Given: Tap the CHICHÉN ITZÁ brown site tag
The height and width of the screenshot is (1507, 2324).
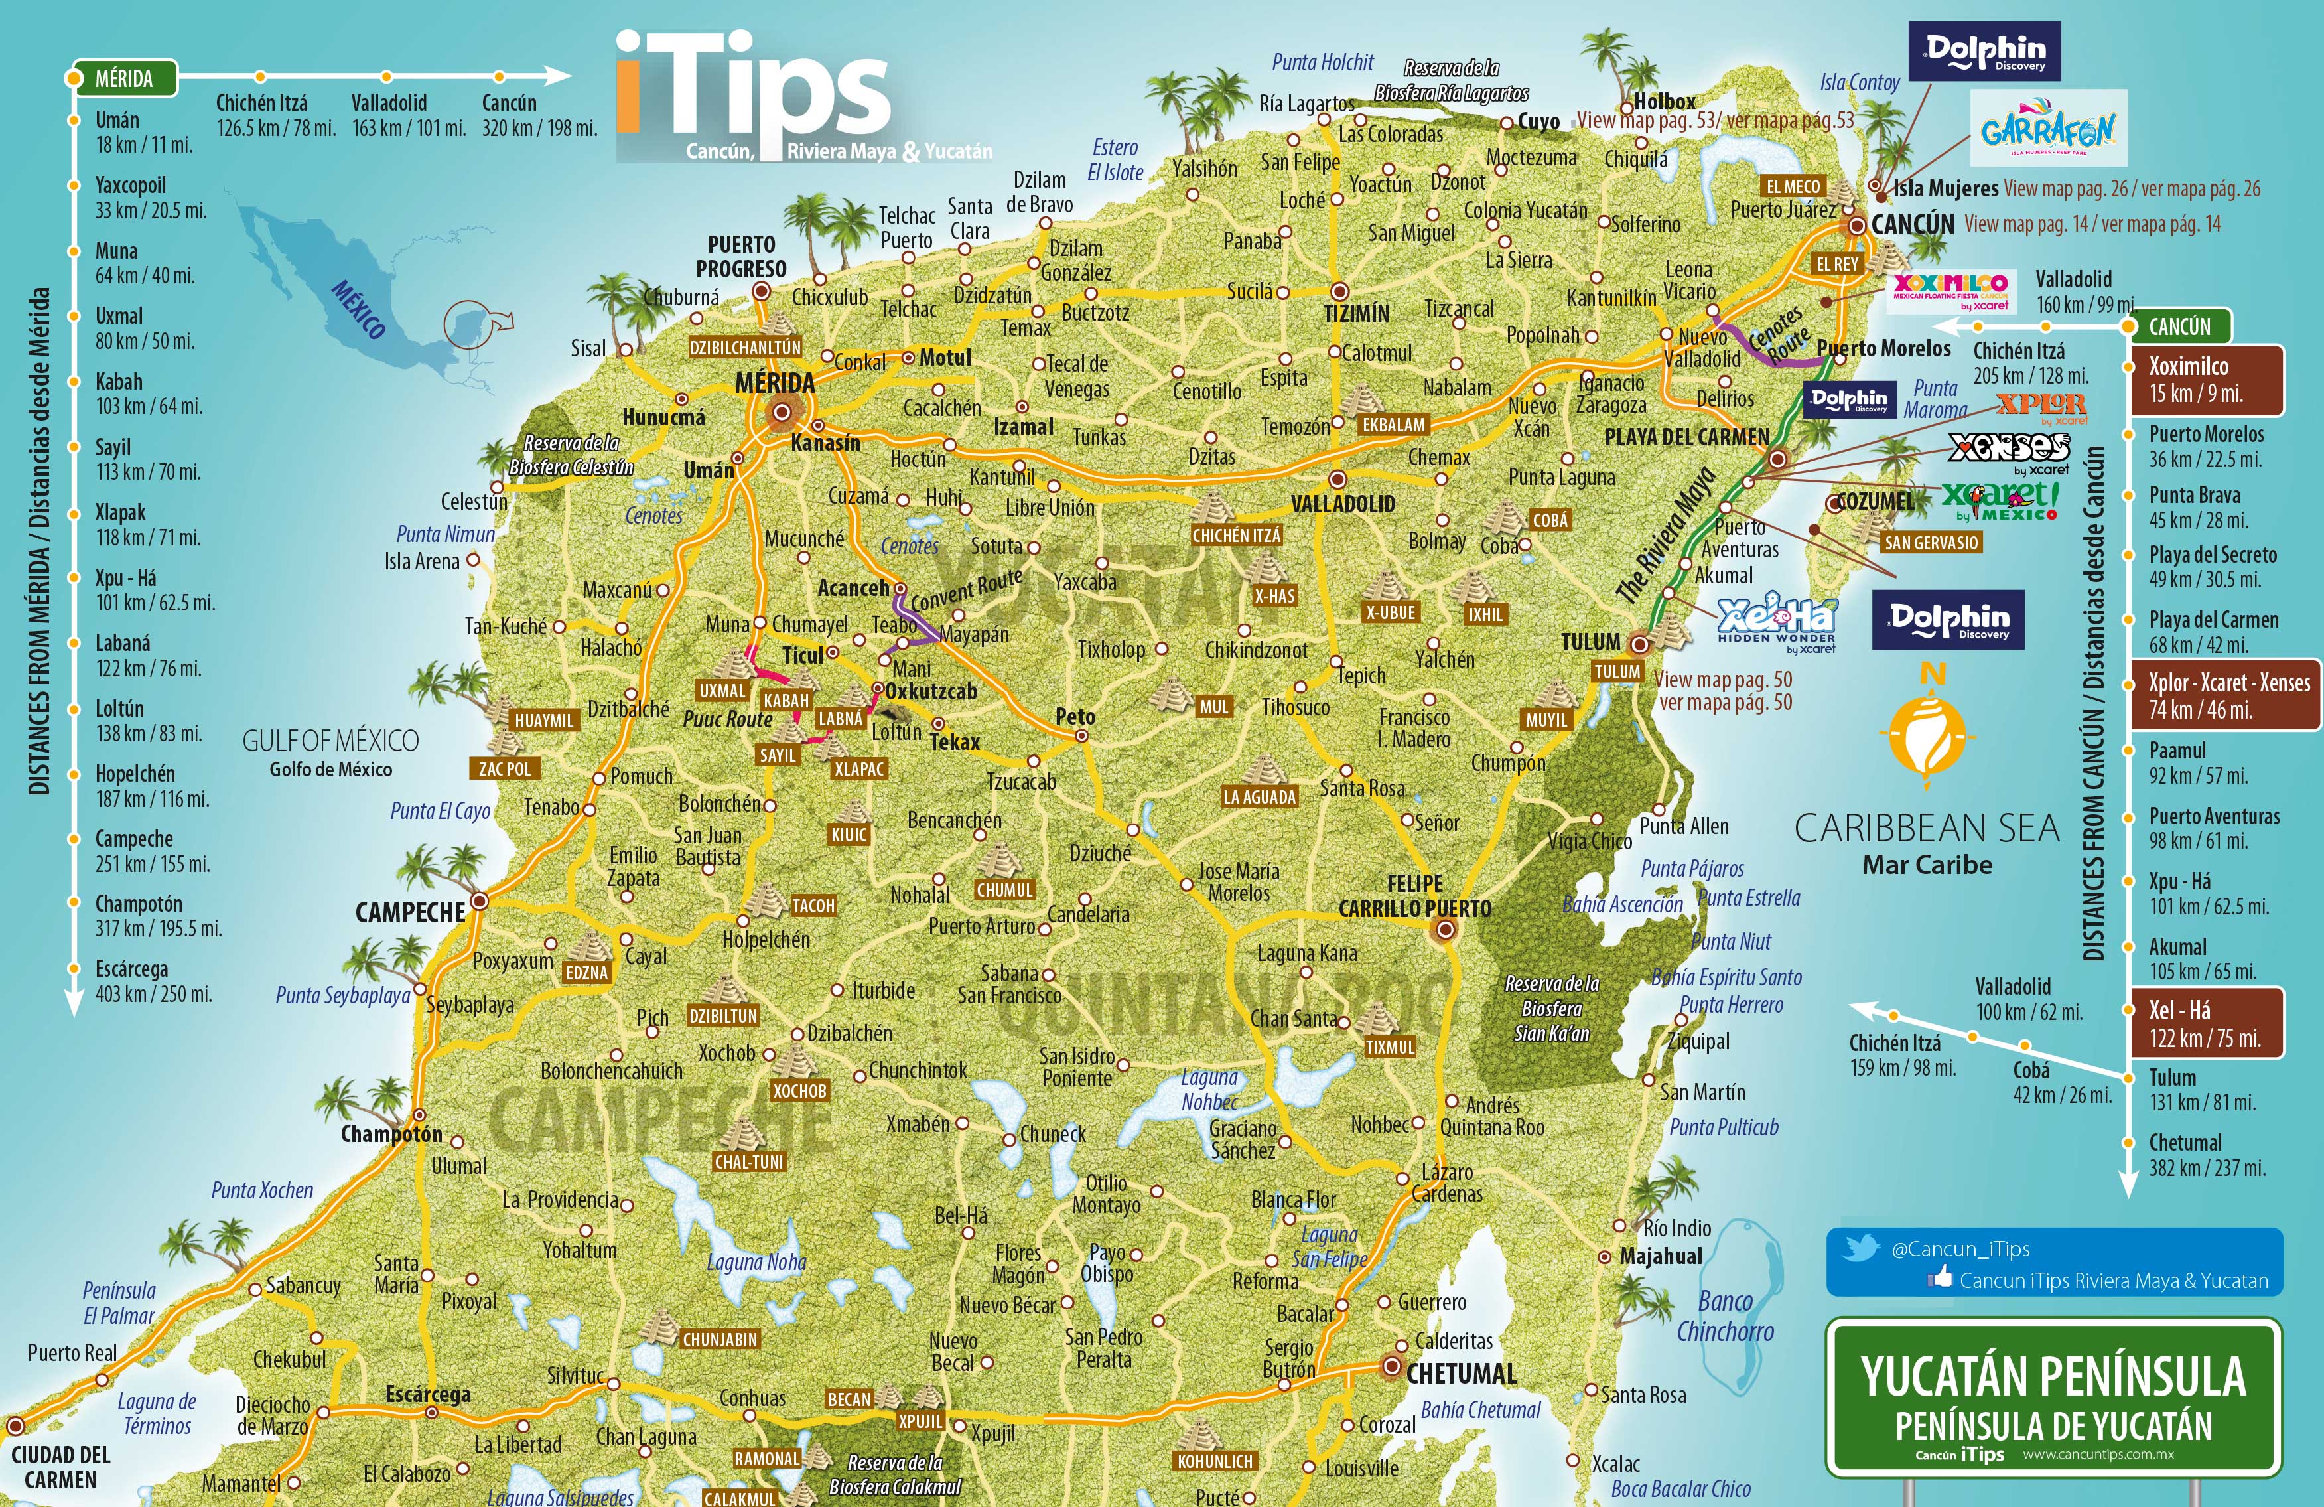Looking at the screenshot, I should (1235, 536).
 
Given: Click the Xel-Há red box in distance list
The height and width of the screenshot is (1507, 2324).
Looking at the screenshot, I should (2205, 1023).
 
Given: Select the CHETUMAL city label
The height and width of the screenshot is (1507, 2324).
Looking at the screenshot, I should (1461, 1373).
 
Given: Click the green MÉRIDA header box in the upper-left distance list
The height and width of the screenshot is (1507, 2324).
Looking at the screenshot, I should (124, 78).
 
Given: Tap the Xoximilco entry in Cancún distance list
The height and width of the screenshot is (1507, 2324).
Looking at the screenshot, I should (2205, 379).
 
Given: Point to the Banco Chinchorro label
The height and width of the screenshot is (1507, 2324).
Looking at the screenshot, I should (1724, 1316).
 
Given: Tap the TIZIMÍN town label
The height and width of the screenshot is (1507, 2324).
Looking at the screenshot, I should (1355, 313).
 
